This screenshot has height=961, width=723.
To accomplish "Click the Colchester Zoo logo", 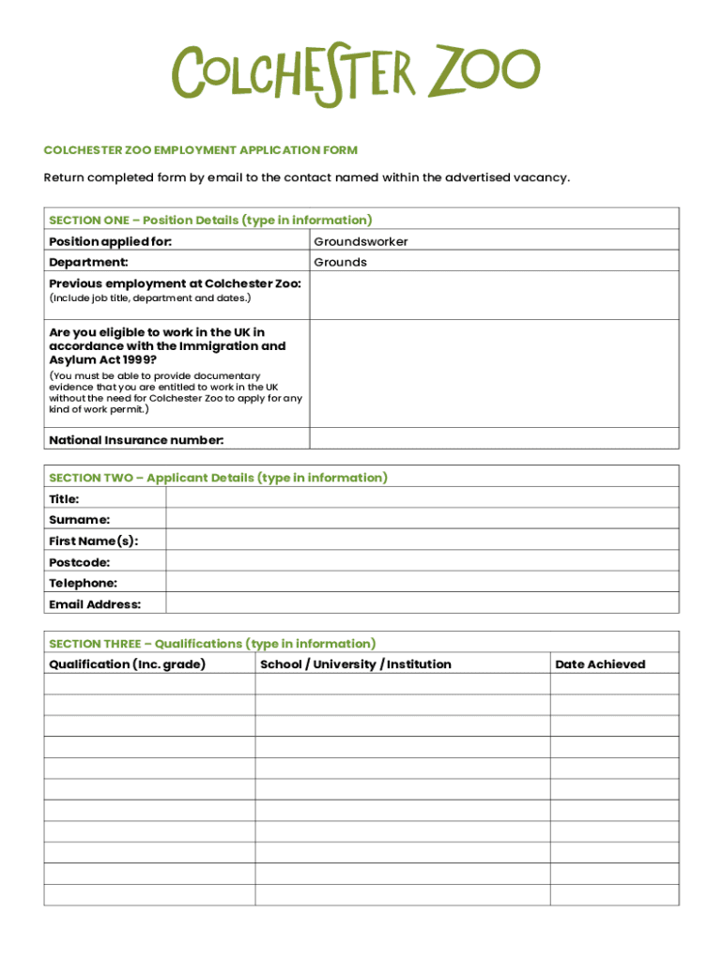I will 356,72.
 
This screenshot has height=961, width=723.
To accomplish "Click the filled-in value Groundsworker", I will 361,242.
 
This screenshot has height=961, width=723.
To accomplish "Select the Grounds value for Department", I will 340,263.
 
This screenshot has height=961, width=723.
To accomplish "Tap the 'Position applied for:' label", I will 111,242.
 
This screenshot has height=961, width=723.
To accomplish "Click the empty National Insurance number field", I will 494,439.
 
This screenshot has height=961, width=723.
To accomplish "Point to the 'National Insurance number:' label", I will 136,440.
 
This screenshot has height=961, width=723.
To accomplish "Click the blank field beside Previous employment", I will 494,296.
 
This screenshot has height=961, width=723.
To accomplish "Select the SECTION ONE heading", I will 210,221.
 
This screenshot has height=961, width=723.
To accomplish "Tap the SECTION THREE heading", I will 212,644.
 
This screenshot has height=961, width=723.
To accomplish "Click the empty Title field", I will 422,498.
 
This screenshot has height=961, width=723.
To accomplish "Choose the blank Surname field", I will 422,519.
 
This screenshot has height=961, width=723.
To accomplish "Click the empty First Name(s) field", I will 422,540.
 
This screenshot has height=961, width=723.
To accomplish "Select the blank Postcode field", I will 422,561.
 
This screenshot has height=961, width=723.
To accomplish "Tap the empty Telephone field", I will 422,582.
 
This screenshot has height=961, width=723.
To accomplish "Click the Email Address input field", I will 422,603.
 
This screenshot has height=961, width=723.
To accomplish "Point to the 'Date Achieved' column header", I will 600,664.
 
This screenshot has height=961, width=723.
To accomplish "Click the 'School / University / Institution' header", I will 355,664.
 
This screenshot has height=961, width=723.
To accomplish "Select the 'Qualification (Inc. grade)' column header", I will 127,664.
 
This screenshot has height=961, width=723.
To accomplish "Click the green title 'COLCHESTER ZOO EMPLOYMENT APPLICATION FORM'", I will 201,150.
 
